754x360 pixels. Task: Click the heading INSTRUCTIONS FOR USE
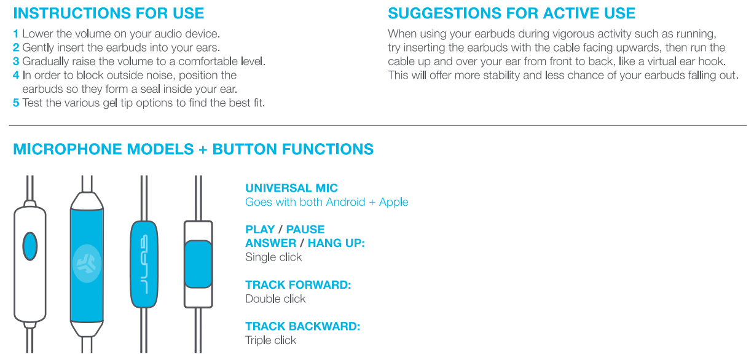109,13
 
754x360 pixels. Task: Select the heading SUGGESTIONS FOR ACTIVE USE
512,13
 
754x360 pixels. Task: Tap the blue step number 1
16,34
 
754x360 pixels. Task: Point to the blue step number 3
16,61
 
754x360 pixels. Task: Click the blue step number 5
16,103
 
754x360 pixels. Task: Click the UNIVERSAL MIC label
291,188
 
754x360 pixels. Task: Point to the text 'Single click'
273,257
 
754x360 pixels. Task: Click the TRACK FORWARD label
298,285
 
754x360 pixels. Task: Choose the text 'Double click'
275,299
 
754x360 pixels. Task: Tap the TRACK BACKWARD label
302,326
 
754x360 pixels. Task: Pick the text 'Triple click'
270,340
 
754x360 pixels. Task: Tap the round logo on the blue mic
86,265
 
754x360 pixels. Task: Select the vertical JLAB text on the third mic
144,264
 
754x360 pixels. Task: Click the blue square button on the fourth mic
198,264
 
